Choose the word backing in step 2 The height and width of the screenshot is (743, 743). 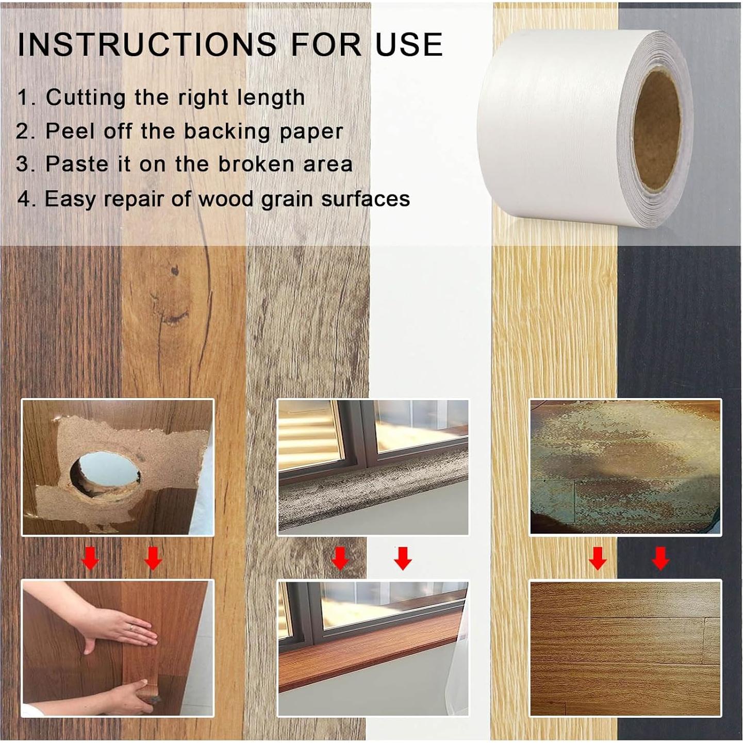tap(227, 131)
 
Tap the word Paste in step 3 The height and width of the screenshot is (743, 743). tap(77, 164)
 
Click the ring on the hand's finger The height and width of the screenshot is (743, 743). tap(132, 628)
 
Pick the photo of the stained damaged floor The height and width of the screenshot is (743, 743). tap(625, 467)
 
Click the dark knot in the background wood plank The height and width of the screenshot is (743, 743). tap(174, 270)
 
